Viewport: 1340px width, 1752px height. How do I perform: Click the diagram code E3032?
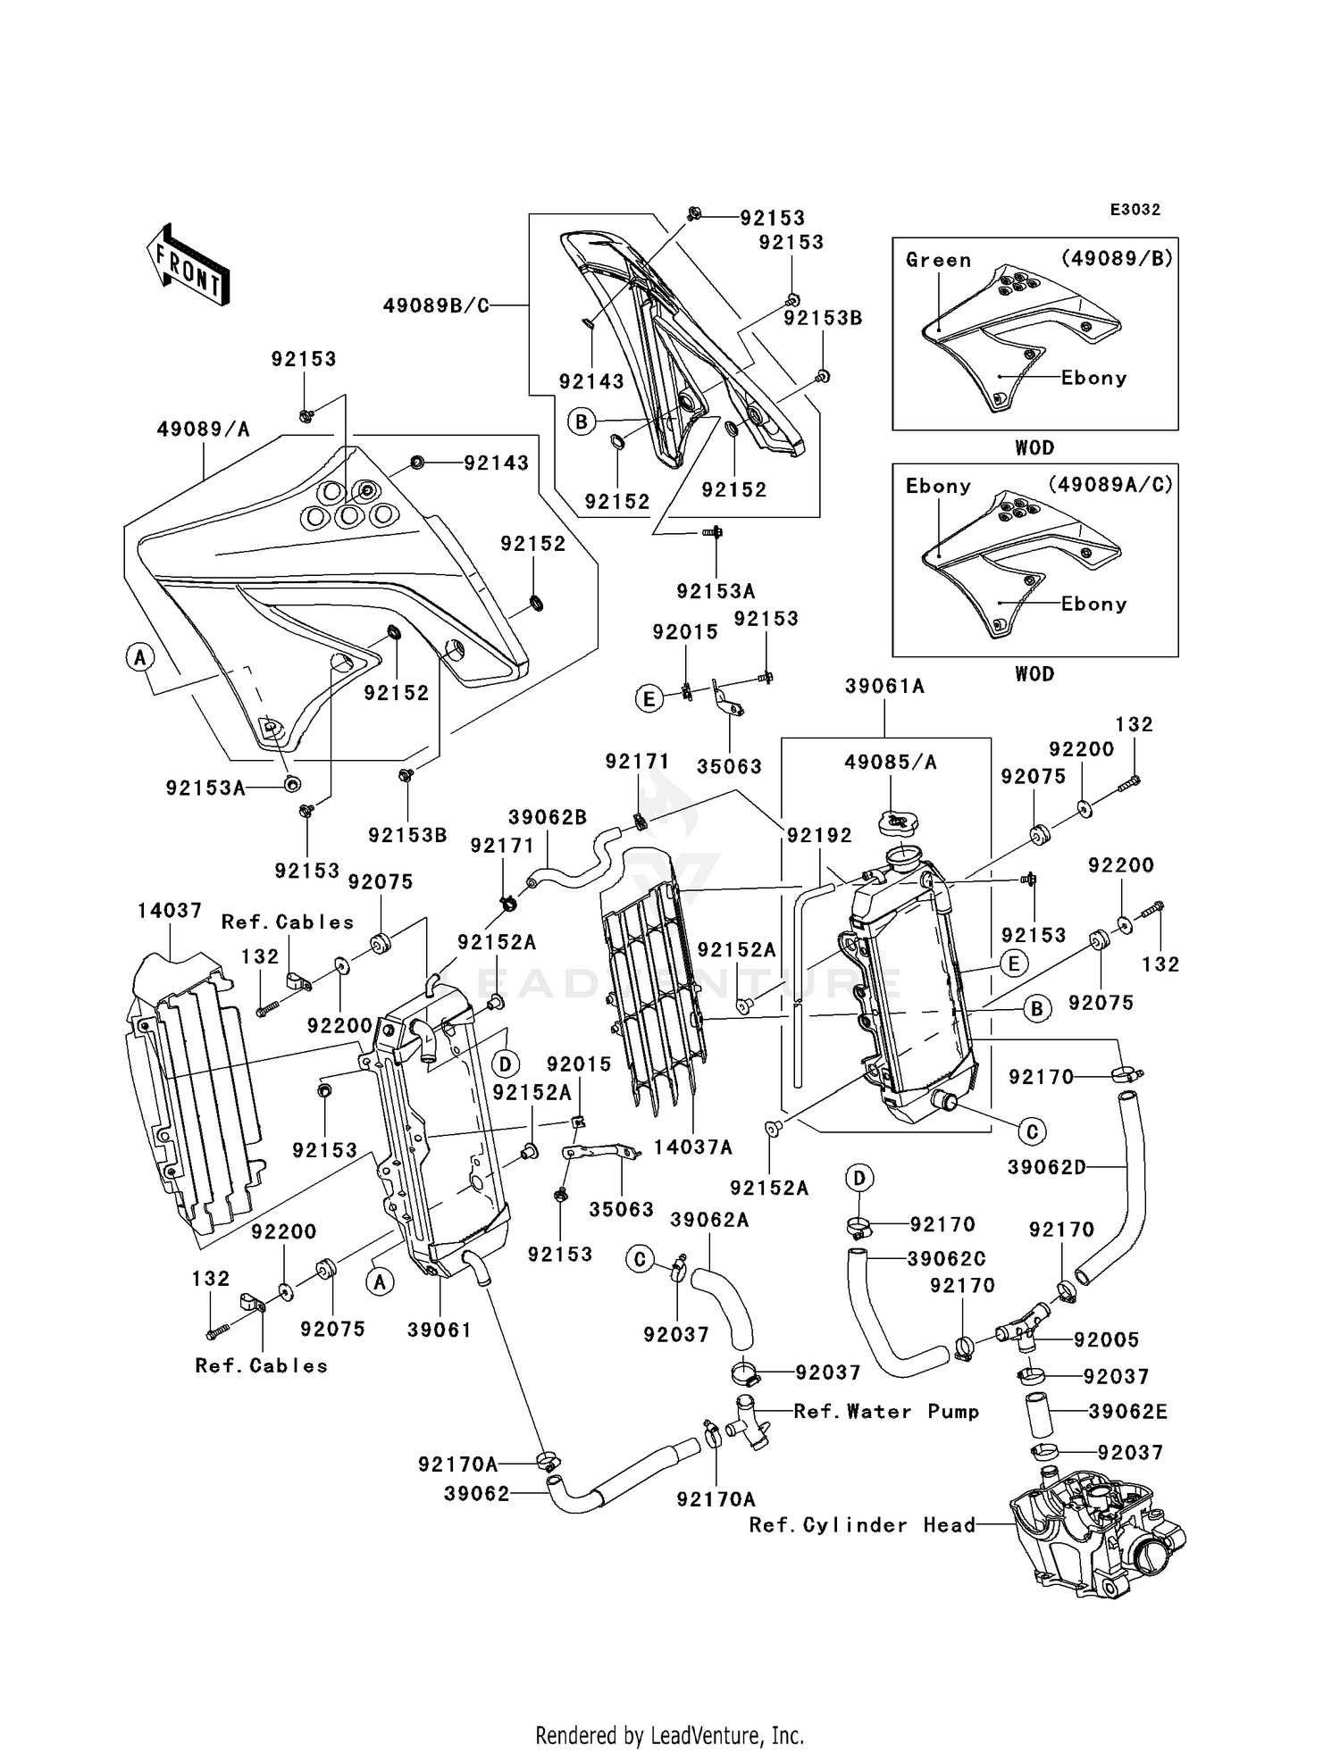(1135, 210)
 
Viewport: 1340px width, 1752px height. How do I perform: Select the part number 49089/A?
(204, 430)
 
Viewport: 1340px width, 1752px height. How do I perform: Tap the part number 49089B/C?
(436, 305)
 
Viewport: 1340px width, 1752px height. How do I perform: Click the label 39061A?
(884, 686)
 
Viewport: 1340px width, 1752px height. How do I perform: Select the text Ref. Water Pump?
(886, 1411)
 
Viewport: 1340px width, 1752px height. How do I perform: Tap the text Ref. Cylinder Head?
(862, 1524)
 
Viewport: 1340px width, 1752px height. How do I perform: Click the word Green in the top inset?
(938, 260)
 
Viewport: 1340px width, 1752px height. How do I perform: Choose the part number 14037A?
(692, 1147)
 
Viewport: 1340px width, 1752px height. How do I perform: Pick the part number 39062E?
(1128, 1412)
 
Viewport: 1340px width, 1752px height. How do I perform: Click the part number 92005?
(1107, 1339)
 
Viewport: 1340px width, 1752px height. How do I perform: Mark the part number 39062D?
(1047, 1167)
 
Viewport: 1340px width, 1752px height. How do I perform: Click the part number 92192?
(819, 835)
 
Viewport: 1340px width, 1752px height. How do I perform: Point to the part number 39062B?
(548, 817)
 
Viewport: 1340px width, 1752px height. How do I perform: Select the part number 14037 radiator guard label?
(170, 910)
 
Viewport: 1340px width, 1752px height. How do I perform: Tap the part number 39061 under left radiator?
(440, 1330)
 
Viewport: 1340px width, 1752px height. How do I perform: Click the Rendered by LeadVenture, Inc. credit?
(670, 1735)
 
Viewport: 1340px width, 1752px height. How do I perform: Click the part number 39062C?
(947, 1258)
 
